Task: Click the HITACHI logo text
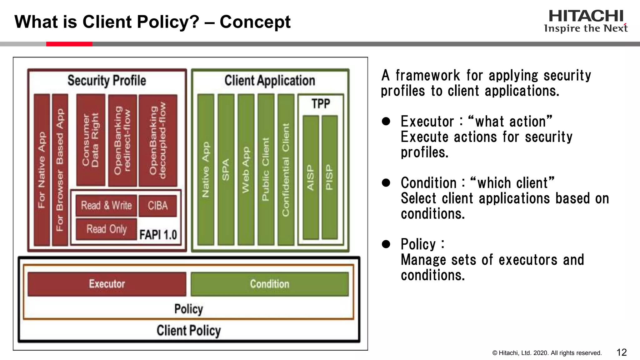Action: tap(586, 16)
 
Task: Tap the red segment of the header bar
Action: tap(69, 44)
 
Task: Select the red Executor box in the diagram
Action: tap(107, 284)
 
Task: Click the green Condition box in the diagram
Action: tap(269, 284)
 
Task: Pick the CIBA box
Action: tap(158, 206)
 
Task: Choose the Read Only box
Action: tap(107, 229)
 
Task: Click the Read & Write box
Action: tap(106, 205)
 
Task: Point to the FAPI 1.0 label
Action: tap(158, 235)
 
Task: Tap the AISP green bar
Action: tap(311, 177)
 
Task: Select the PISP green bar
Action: tap(329, 177)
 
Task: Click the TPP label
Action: tap(321, 103)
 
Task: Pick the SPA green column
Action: tap(226, 169)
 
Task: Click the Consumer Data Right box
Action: tap(91, 140)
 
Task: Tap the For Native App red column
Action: tap(42, 170)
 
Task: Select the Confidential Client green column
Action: tap(286, 169)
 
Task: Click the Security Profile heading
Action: tap(107, 80)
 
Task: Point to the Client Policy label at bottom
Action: tap(188, 331)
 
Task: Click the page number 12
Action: tap(622, 352)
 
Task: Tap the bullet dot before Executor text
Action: tap(386, 121)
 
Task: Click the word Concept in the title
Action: tap(255, 22)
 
